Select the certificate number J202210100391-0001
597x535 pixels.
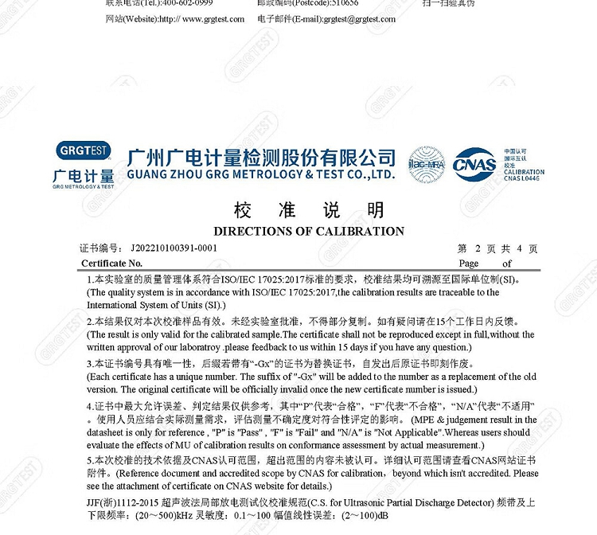point(173,248)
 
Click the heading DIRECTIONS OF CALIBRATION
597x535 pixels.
point(309,231)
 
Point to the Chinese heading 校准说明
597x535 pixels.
point(309,210)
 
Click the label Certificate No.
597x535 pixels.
point(111,264)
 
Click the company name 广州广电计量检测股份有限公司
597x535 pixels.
point(261,156)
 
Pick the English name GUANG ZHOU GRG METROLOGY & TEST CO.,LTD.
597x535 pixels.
point(261,174)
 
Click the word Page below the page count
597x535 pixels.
point(468,264)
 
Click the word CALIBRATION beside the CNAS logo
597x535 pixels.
point(524,172)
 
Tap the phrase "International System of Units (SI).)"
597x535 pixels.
point(157,305)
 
